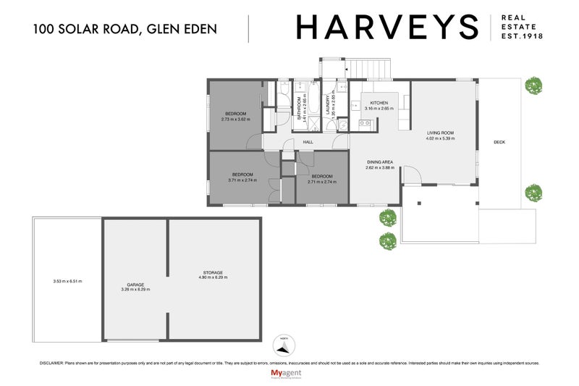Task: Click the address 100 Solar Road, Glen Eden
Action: tap(124, 30)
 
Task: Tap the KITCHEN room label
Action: tap(379, 104)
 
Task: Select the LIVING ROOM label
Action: tap(439, 133)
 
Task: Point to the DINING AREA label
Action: tap(379, 161)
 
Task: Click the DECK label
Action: tap(499, 143)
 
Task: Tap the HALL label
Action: tap(308, 143)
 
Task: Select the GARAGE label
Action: tap(135, 285)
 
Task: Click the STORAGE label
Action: tap(212, 272)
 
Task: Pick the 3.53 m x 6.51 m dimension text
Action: tap(67, 281)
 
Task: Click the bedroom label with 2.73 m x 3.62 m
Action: tap(235, 114)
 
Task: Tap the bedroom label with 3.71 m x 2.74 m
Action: tap(242, 175)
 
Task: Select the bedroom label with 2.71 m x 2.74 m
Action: tap(321, 177)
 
